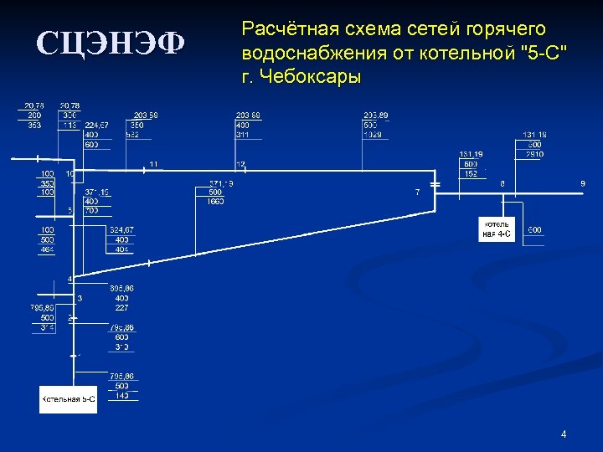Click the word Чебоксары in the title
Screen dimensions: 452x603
click(x=312, y=78)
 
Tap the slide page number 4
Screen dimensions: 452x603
click(x=564, y=434)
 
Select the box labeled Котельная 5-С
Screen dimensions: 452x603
click(x=68, y=399)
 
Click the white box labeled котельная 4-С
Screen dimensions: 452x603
click(x=496, y=229)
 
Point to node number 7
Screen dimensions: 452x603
click(x=417, y=193)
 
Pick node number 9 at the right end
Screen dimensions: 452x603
click(x=583, y=183)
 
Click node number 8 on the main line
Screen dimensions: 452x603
click(x=502, y=183)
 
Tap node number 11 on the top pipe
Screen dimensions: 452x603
click(x=153, y=163)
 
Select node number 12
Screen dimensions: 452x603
click(x=241, y=164)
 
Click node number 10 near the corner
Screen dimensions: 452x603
click(x=70, y=173)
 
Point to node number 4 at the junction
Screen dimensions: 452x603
click(x=70, y=279)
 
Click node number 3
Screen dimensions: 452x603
click(x=80, y=297)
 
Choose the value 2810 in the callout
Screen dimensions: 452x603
click(x=533, y=154)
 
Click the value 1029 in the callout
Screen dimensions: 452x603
click(x=372, y=134)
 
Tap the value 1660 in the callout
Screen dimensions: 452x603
click(x=215, y=202)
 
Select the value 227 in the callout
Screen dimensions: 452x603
click(x=121, y=307)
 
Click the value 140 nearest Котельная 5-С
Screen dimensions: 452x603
click(x=121, y=395)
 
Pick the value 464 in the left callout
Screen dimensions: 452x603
click(x=48, y=249)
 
